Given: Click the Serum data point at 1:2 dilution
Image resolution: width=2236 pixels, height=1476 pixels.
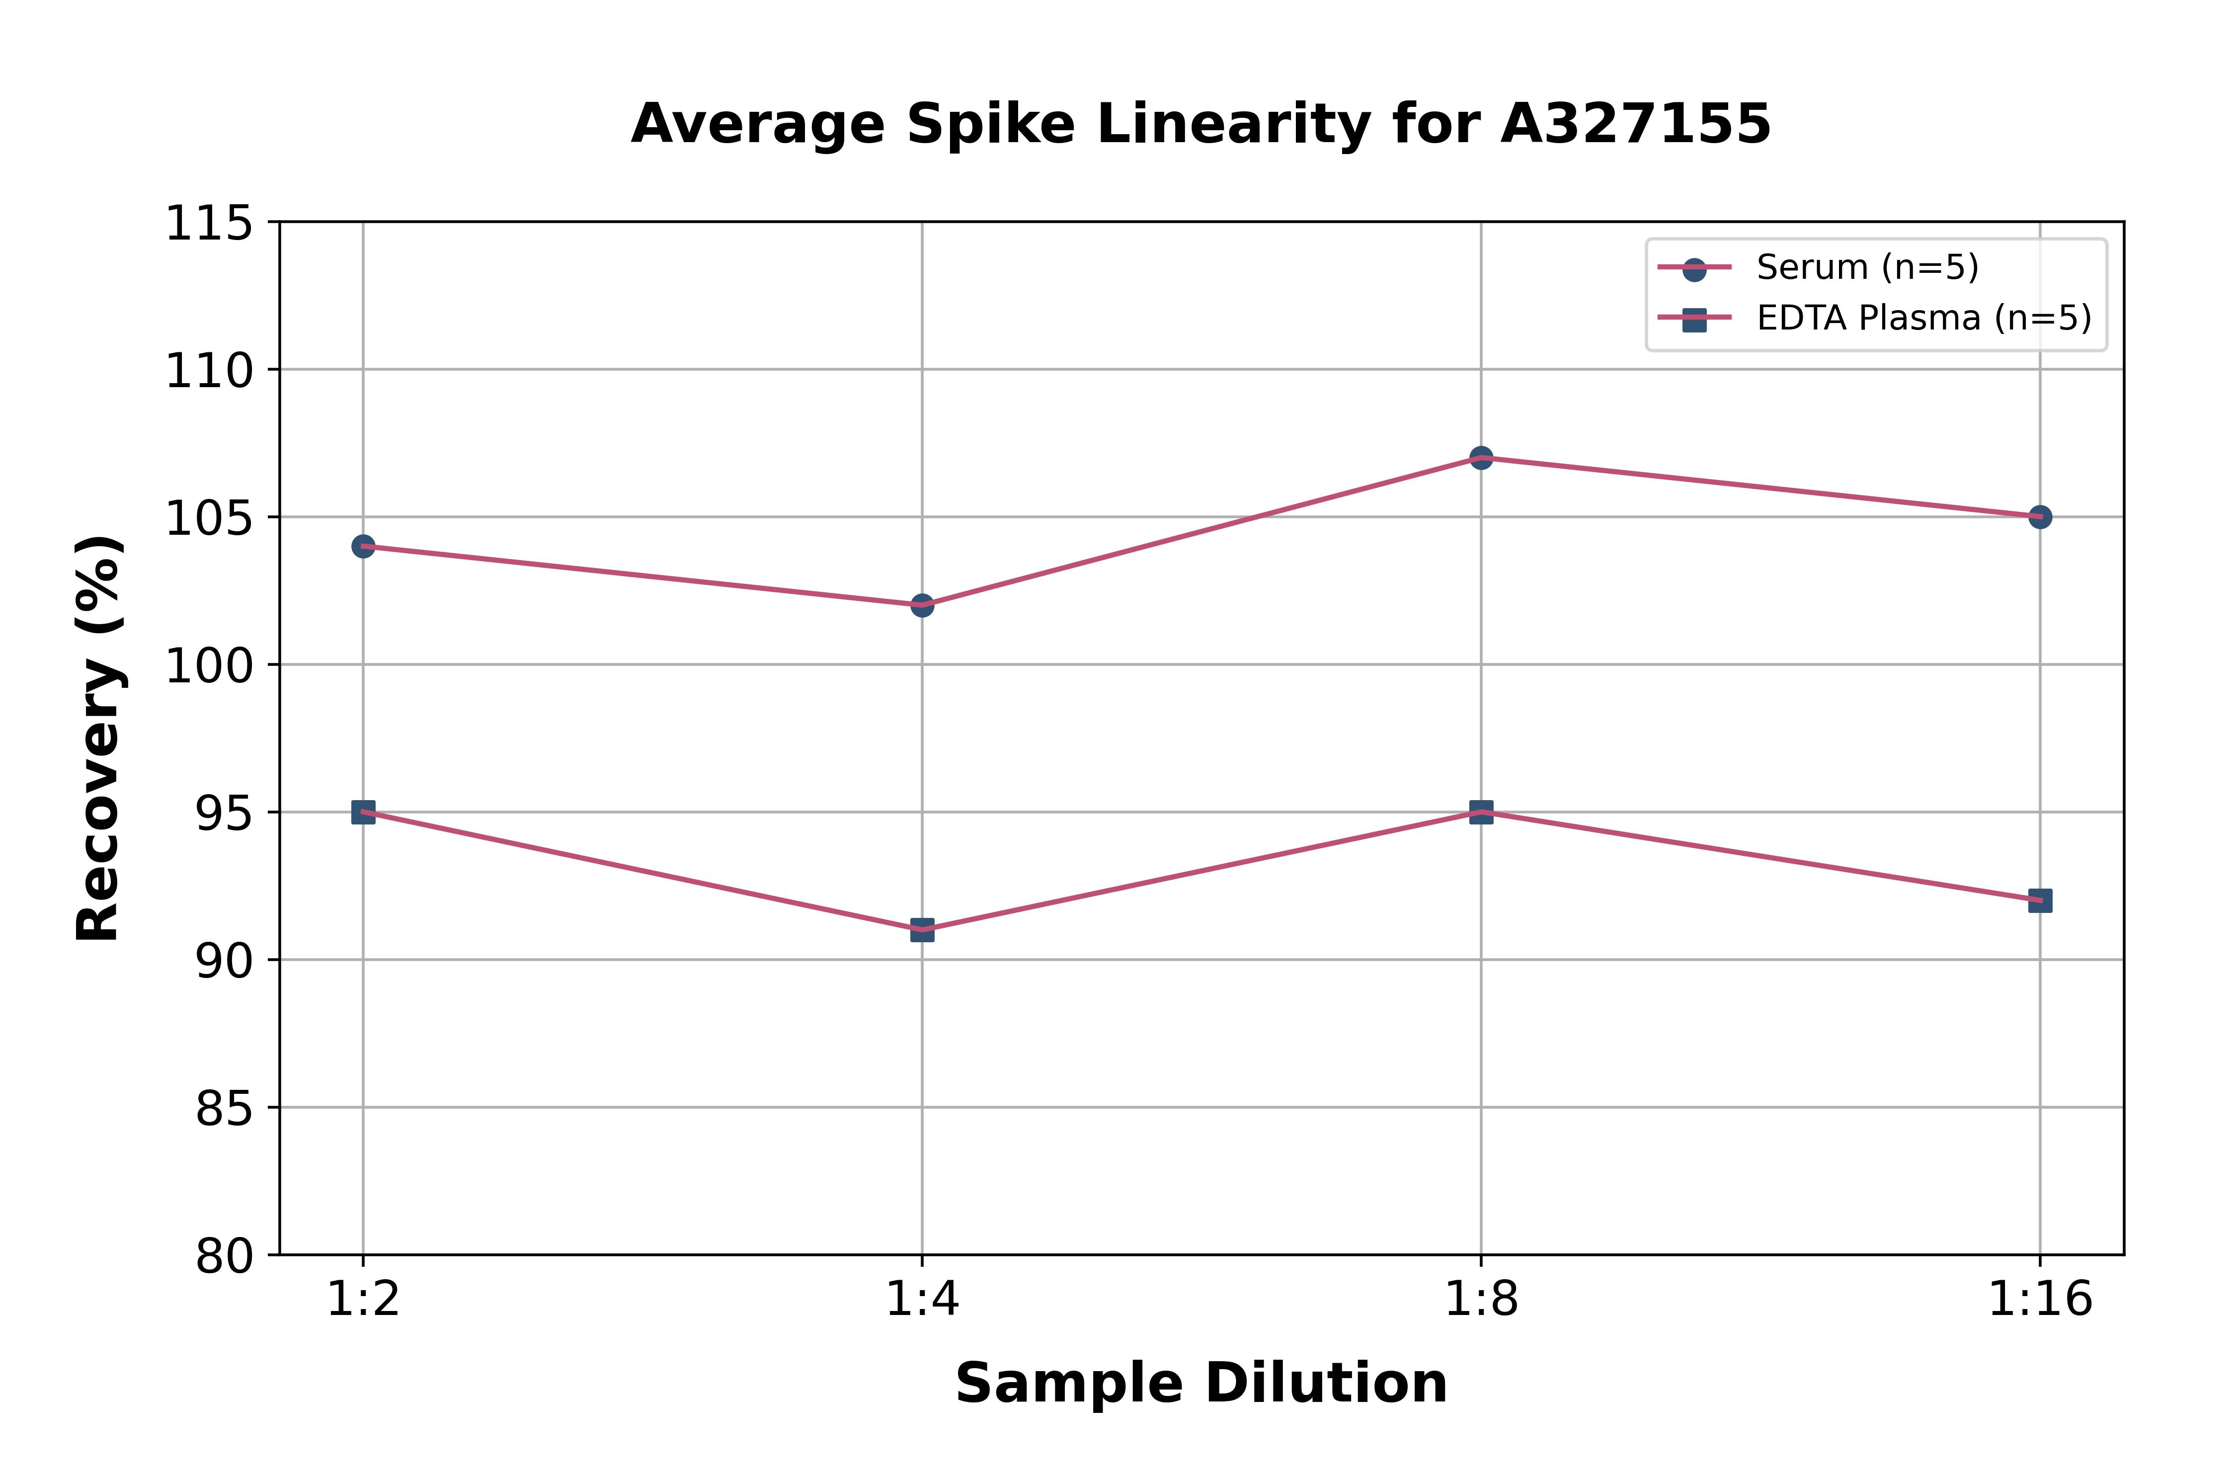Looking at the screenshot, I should pos(363,546).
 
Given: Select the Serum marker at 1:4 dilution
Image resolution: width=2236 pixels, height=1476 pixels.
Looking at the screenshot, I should pos(922,605).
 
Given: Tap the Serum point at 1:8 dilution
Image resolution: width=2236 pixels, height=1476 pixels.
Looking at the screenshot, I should pos(1481,458).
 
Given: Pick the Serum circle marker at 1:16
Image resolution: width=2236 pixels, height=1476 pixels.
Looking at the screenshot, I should pos(2039,517).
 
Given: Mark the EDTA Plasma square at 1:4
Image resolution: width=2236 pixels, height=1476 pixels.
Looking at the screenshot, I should pos(922,930).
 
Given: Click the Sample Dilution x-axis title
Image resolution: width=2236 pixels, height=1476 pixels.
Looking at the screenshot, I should pos(1201,1384).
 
